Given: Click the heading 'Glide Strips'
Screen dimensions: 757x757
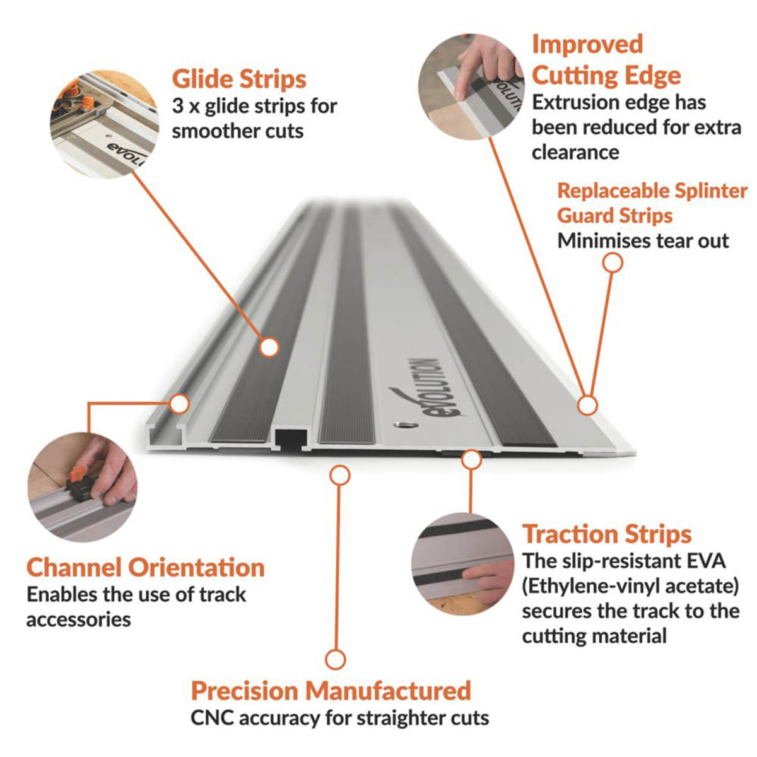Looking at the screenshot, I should pyautogui.click(x=239, y=79).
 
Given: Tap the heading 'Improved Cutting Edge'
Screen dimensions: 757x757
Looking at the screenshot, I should pyautogui.click(x=606, y=60).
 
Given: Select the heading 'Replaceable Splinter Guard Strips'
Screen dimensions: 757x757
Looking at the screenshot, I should pyautogui.click(x=652, y=202).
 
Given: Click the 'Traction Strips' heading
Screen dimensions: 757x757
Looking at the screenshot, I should pyautogui.click(x=607, y=534).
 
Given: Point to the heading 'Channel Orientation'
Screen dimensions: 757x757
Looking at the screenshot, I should pyautogui.click(x=145, y=567).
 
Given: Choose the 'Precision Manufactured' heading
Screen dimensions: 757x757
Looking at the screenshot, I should pyautogui.click(x=331, y=690).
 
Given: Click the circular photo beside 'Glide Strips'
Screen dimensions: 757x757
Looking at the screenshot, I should pyautogui.click(x=105, y=123).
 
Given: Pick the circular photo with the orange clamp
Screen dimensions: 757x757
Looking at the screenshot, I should pyautogui.click(x=82, y=486).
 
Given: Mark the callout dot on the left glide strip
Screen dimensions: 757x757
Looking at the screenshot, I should pyautogui.click(x=269, y=346).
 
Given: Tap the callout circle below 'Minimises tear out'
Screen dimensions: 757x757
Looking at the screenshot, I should pyautogui.click(x=612, y=262).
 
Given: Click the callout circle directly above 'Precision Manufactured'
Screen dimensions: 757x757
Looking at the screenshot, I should pyautogui.click(x=336, y=660).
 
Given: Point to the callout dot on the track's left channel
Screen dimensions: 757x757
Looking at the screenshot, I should pyautogui.click(x=180, y=403).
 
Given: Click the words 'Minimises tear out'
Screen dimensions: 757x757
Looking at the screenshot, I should pyautogui.click(x=643, y=240).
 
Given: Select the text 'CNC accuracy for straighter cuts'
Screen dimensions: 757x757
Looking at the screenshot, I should pyautogui.click(x=339, y=718).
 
